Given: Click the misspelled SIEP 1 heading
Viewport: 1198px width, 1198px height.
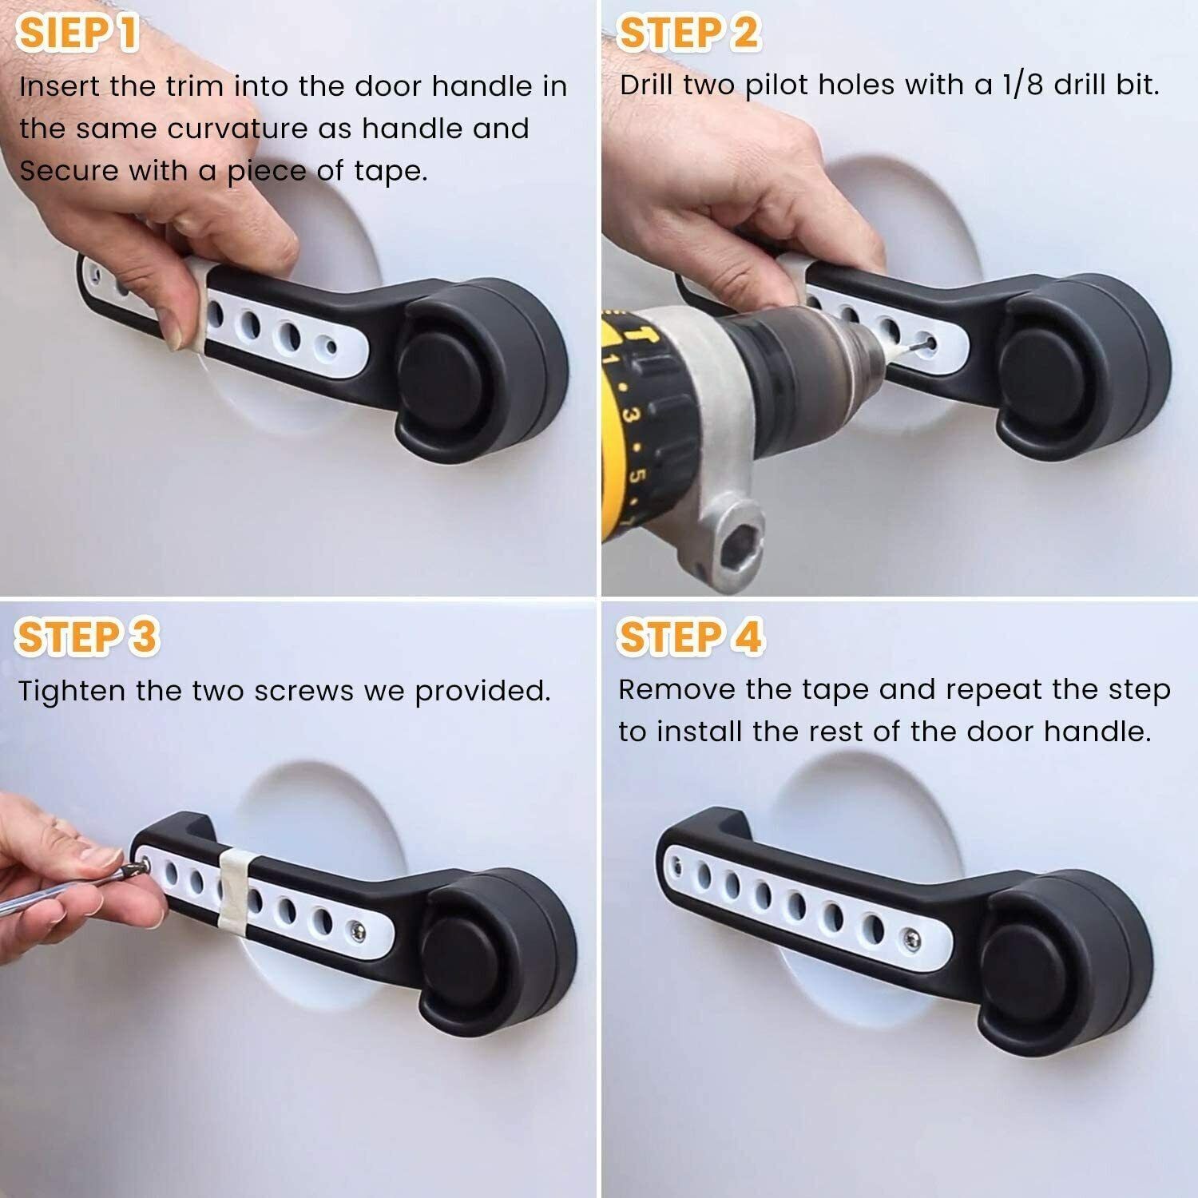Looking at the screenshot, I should click(78, 34).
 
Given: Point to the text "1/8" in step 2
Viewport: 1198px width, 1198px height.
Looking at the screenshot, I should click(1019, 85).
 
